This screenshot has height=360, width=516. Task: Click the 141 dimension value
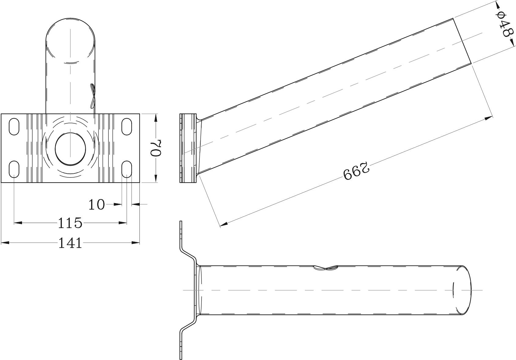pyautogui.click(x=70, y=243)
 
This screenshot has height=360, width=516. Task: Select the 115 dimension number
pyautogui.click(x=70, y=223)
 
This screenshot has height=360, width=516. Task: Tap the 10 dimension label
pyautogui.click(x=97, y=205)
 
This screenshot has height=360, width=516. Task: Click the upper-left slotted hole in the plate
pyautogui.click(x=14, y=126)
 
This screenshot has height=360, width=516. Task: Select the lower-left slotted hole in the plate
pyautogui.click(x=14, y=169)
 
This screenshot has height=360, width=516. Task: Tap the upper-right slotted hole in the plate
pyautogui.click(x=127, y=126)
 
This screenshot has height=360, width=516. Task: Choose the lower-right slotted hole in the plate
pyautogui.click(x=127, y=169)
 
